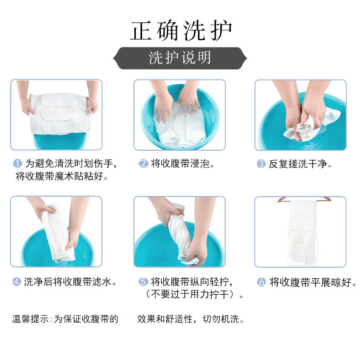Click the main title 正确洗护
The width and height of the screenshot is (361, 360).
(x=181, y=31)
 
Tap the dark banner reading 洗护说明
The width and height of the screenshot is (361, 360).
(x=180, y=58)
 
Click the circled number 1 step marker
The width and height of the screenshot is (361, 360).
(x=17, y=164)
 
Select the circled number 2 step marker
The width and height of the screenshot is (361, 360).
(x=143, y=164)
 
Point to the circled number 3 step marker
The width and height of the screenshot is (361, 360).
(x=261, y=164)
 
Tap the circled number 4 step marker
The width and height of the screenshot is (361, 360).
(x=16, y=281)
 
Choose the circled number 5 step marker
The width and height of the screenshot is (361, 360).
(x=143, y=281)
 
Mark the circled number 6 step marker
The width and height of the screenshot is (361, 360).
(x=261, y=282)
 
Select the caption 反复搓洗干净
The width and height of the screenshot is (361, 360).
(x=300, y=164)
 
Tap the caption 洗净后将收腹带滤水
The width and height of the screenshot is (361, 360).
(x=70, y=282)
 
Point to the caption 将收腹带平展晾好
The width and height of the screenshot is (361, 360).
(x=313, y=282)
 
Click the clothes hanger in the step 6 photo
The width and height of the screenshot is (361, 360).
(x=304, y=199)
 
